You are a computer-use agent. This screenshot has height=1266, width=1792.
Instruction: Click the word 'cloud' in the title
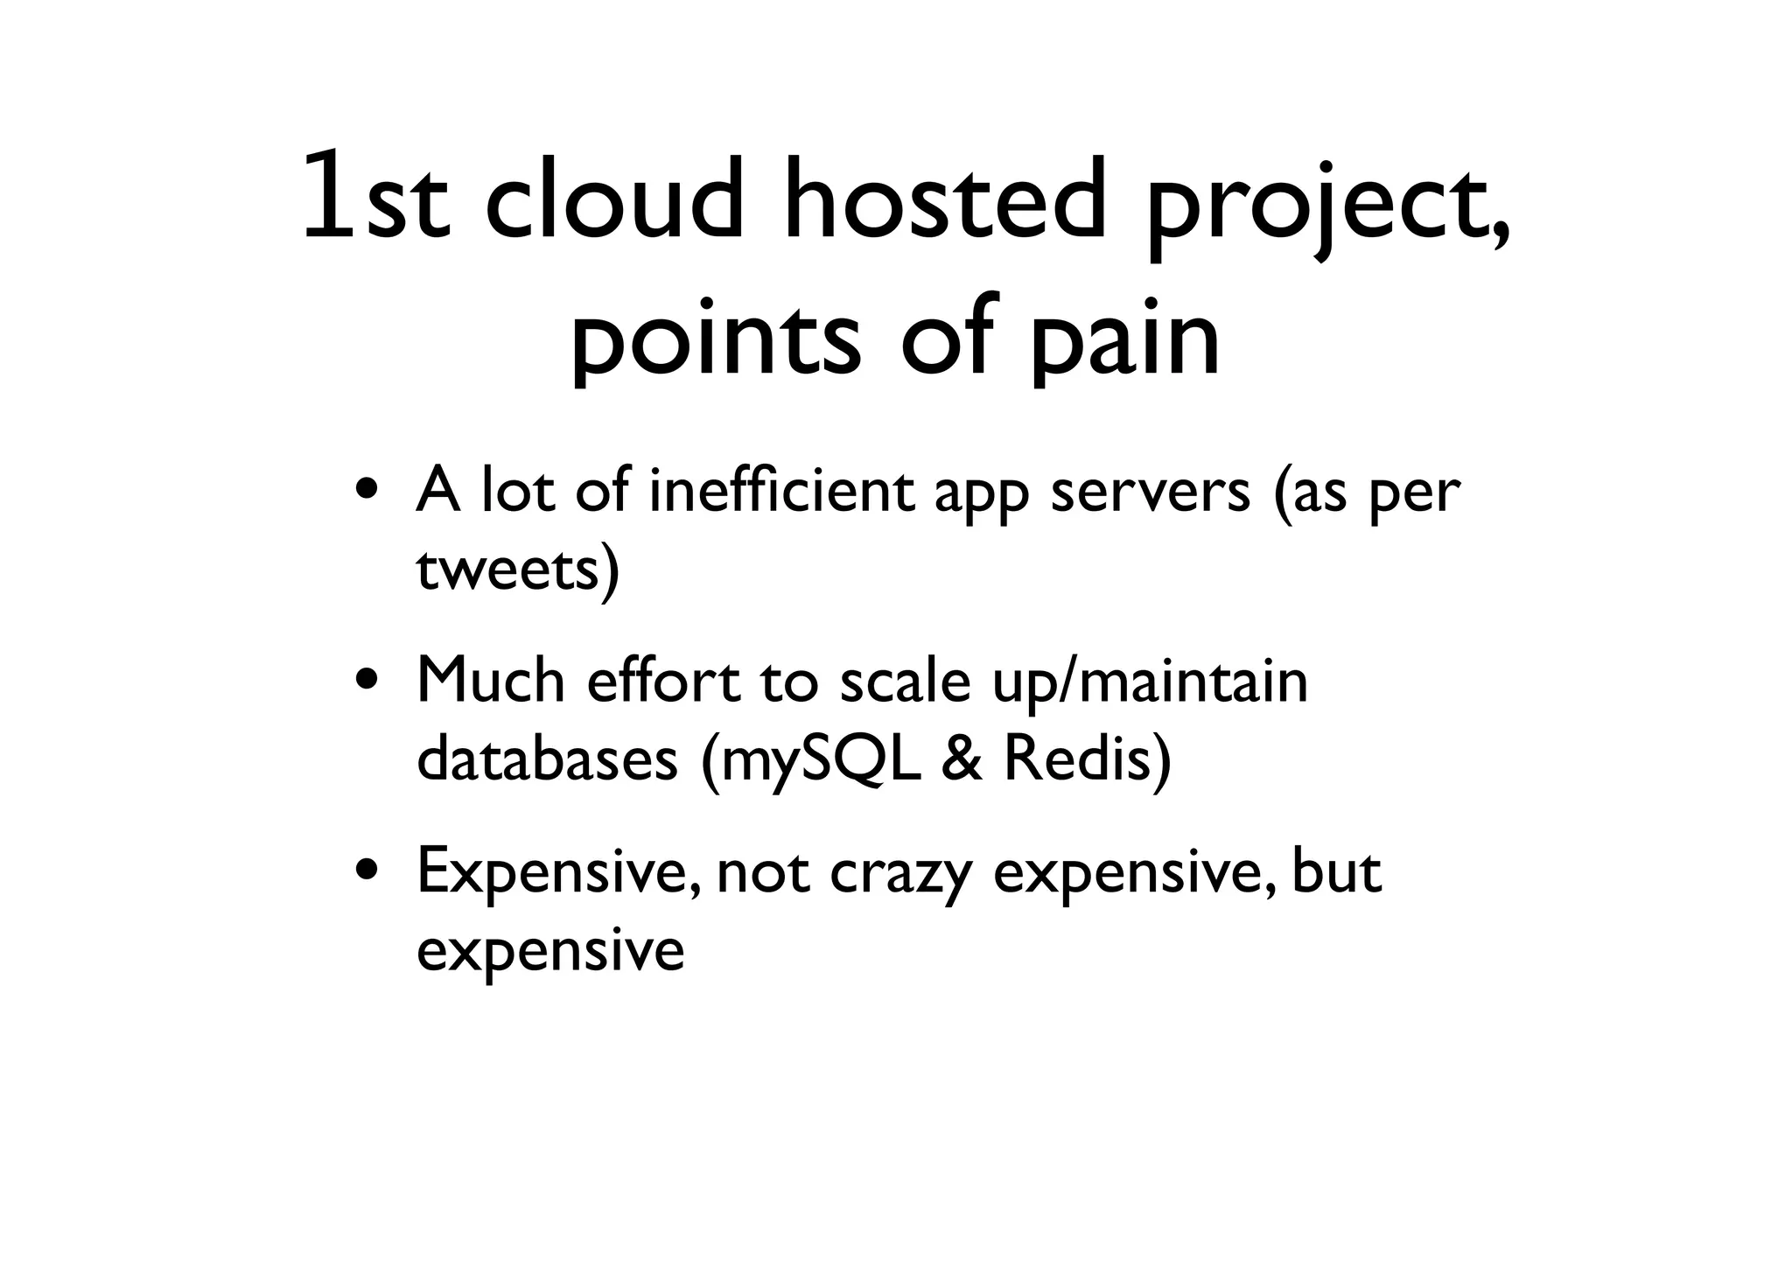coord(613,199)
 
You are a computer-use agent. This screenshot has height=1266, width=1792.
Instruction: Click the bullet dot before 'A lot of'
coord(367,492)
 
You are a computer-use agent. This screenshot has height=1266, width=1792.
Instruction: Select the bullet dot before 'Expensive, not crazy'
coord(367,871)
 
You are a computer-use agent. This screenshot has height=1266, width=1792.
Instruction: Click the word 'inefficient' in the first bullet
coord(781,492)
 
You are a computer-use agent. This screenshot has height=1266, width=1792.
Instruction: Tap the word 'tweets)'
coord(517,570)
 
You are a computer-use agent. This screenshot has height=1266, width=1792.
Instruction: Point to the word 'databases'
coord(547,759)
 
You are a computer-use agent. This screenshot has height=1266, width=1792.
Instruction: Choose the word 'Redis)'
coord(1086,759)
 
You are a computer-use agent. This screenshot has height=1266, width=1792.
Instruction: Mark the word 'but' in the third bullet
coord(1336,871)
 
